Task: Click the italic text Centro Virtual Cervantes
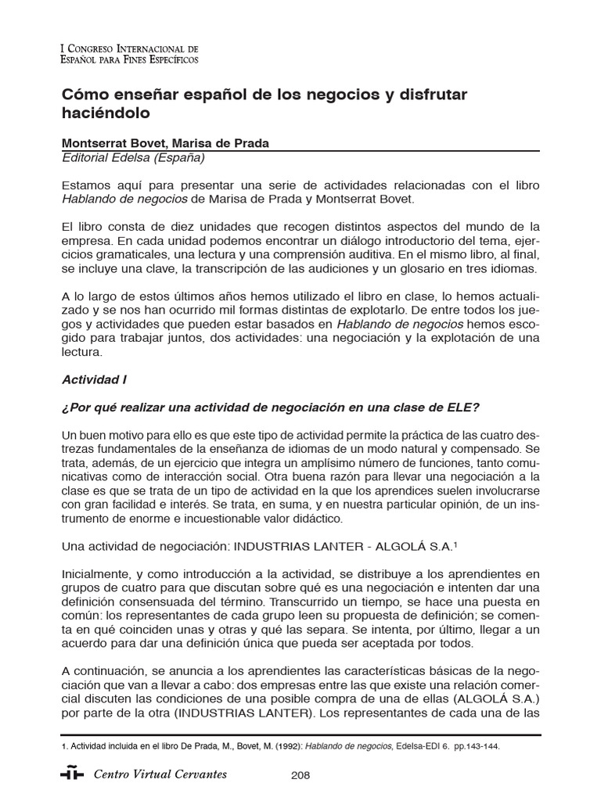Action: (160, 774)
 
